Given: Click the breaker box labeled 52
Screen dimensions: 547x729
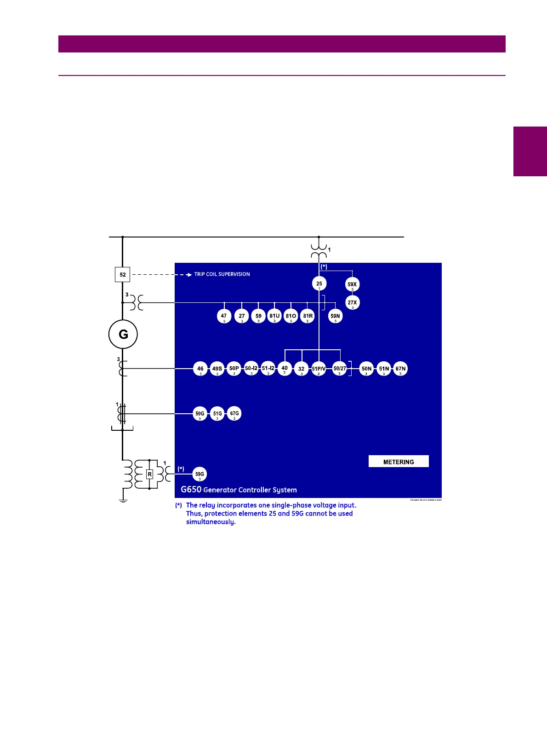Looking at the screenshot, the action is pyautogui.click(x=122, y=274).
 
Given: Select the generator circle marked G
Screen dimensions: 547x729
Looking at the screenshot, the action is pyautogui.click(x=123, y=334).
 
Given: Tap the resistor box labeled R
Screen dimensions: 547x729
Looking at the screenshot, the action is pyautogui.click(x=149, y=474).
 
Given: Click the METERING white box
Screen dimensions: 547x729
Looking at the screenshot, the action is pyautogui.click(x=399, y=462).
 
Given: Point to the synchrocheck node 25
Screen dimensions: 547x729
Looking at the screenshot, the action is pyautogui.click(x=319, y=283).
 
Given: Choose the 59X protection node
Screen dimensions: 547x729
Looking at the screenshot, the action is pyautogui.click(x=352, y=284).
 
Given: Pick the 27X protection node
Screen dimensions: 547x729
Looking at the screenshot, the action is pyautogui.click(x=352, y=303).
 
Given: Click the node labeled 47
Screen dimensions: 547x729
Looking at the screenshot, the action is pyautogui.click(x=224, y=316).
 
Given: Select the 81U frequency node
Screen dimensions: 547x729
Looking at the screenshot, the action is pyautogui.click(x=274, y=316).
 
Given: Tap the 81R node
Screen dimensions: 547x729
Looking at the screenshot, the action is pyautogui.click(x=308, y=316).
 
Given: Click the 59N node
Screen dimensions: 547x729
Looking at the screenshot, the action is pyautogui.click(x=335, y=316).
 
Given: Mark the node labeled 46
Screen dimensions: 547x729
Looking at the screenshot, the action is pyautogui.click(x=200, y=369).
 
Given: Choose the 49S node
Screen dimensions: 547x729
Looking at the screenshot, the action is pyautogui.click(x=217, y=369).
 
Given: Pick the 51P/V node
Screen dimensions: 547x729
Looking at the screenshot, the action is pyautogui.click(x=319, y=369).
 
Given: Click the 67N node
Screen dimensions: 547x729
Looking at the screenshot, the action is pyautogui.click(x=400, y=369).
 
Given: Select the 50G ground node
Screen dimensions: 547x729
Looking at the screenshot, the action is pyautogui.click(x=199, y=414).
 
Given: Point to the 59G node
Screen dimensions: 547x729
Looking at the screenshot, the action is pyautogui.click(x=199, y=474).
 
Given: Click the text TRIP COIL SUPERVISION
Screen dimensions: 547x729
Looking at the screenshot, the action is pyautogui.click(x=222, y=274).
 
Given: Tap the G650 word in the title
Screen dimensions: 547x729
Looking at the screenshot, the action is pyautogui.click(x=191, y=489).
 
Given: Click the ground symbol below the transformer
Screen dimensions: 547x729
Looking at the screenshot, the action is pyautogui.click(x=123, y=501).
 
